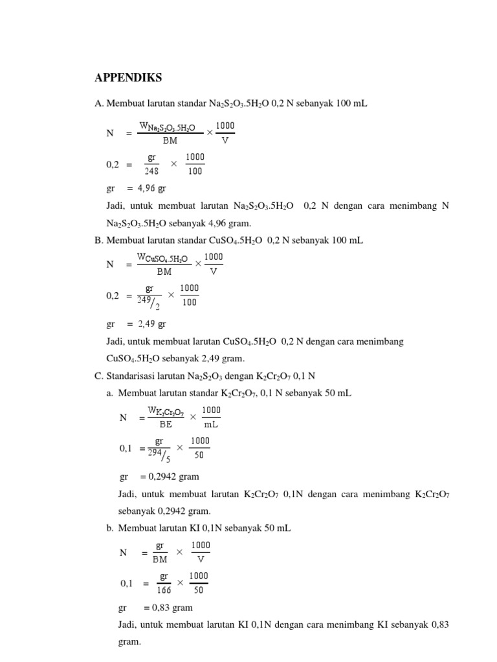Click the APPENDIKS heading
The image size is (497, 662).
tap(128, 78)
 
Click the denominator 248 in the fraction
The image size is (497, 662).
tap(151, 171)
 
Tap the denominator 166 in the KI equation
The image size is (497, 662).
tap(164, 590)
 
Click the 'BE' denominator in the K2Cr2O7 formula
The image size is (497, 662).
tap(166, 425)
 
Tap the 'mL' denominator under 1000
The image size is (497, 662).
tap(211, 425)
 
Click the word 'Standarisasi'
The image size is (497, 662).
tap(131, 376)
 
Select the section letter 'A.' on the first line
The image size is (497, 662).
tap(99, 103)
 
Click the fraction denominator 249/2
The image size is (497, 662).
tap(149, 301)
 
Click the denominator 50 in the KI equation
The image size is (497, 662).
tap(199, 590)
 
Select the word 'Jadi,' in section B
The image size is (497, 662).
tap(116, 341)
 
